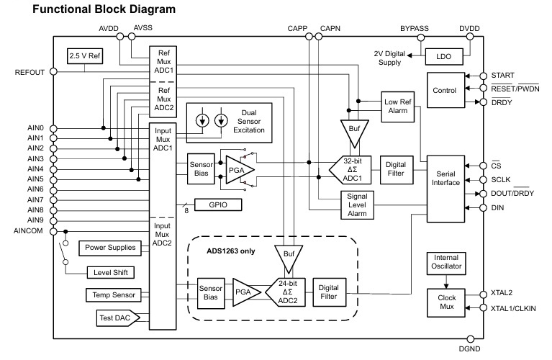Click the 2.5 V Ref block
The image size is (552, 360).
click(x=85, y=55)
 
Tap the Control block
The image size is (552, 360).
click(x=445, y=91)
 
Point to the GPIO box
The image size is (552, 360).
click(x=219, y=204)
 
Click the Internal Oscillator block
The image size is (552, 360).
click(x=446, y=264)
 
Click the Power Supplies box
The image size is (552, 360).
click(x=110, y=248)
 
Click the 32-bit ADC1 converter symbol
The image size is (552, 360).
click(x=351, y=170)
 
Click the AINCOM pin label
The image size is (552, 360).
click(x=29, y=230)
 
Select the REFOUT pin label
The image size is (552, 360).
click(x=30, y=73)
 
